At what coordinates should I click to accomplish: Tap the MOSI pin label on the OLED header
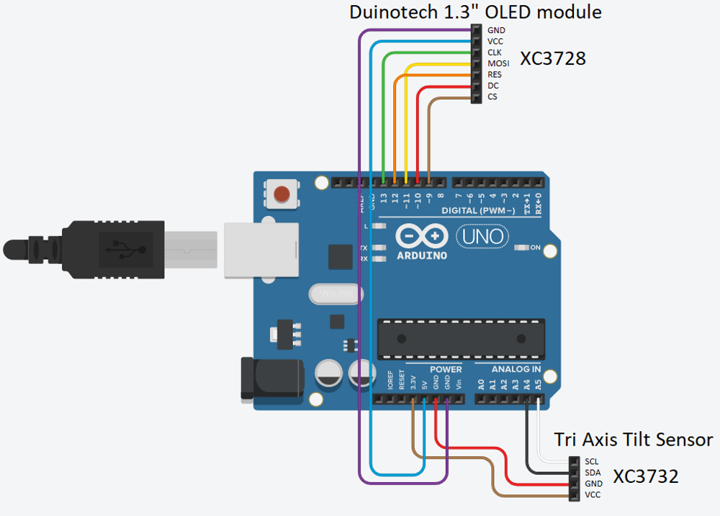pos(498,63)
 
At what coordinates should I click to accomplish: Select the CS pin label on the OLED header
pos(492,96)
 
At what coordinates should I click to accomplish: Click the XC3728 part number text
pos(553,59)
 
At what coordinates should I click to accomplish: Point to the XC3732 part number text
pos(645,476)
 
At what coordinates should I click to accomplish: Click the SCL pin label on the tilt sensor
pos(592,461)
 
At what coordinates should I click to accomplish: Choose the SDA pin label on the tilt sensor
pos(593,473)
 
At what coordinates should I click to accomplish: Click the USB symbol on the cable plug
pos(125,249)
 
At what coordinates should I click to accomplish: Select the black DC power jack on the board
pos(266,378)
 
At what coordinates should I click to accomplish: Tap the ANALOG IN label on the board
pos(516,369)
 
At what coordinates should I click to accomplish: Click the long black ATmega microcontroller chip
pos(459,338)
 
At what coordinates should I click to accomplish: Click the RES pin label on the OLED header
pos(495,74)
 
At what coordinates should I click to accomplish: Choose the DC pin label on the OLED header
pos(492,86)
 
